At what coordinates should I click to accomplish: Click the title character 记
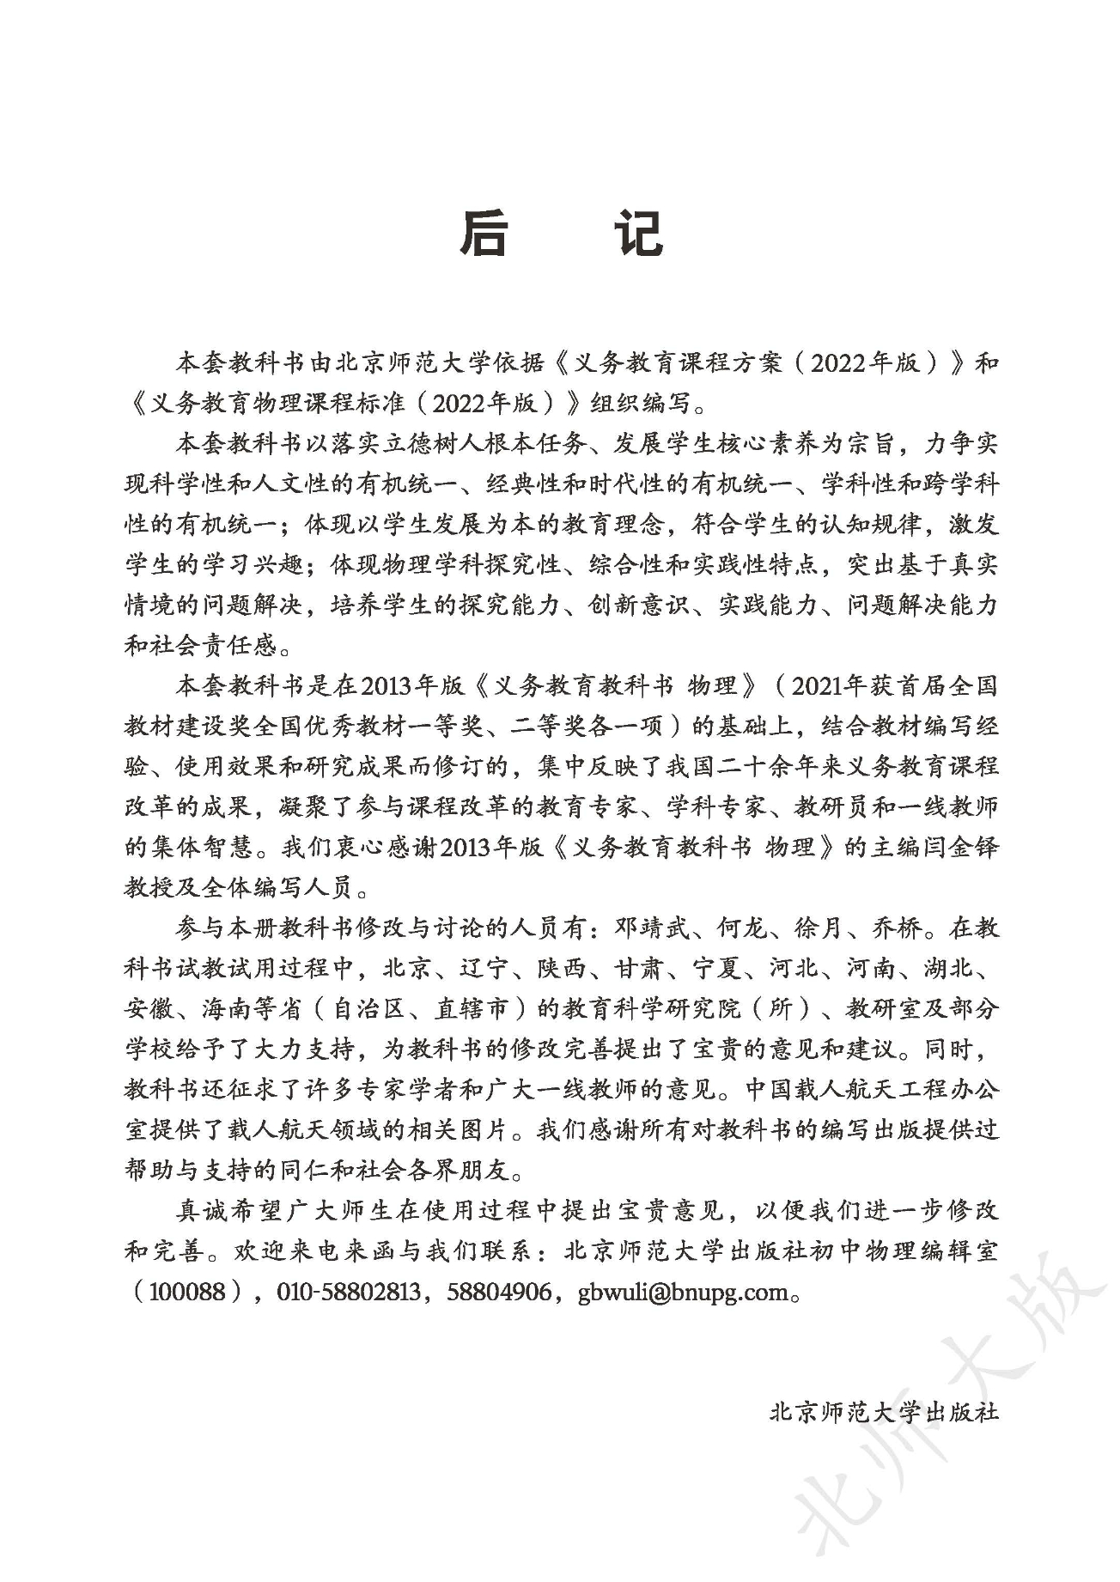(636, 232)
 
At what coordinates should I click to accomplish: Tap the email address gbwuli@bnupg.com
(683, 1291)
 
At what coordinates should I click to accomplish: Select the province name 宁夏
(717, 968)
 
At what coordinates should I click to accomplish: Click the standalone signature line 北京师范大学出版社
(884, 1410)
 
